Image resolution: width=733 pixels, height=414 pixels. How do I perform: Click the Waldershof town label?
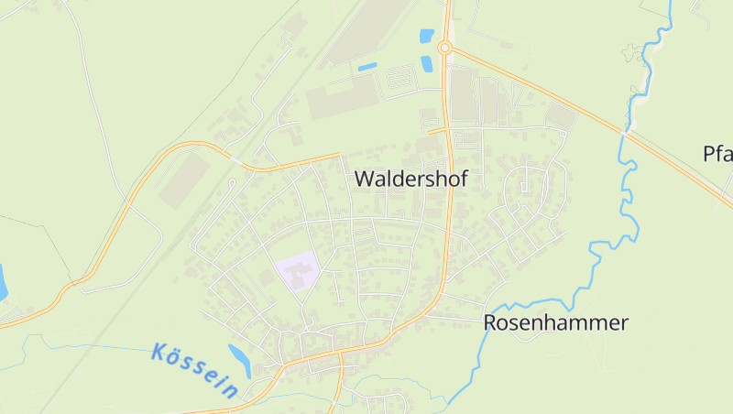click(x=410, y=179)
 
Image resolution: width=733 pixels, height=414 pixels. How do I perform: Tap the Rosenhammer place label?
click(x=556, y=322)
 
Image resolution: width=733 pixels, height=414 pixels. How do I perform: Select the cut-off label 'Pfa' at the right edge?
click(x=717, y=153)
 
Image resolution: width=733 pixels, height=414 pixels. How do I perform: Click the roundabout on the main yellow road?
click(x=445, y=48)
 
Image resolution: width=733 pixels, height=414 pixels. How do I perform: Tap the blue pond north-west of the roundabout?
click(x=426, y=37)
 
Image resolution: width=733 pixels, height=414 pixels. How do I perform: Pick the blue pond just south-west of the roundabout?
click(x=427, y=64)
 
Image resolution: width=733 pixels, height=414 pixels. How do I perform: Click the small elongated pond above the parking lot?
click(x=367, y=67)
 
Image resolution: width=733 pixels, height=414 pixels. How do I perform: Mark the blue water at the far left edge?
click(x=3, y=282)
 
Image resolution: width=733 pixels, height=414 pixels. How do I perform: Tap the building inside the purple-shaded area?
click(x=303, y=269)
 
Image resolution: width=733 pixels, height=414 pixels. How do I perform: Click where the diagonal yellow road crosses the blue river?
click(x=626, y=132)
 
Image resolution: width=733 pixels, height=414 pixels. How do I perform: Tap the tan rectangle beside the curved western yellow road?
click(x=183, y=180)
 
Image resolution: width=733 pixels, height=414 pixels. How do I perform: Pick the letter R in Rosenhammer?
click(x=490, y=322)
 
